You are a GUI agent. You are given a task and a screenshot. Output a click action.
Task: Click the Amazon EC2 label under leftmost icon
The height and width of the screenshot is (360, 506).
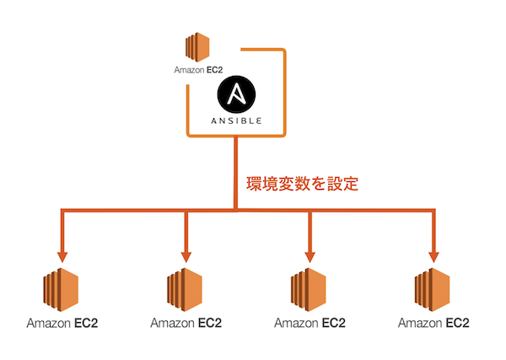(62, 323)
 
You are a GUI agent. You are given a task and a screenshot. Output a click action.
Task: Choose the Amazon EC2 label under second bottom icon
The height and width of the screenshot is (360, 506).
(186, 323)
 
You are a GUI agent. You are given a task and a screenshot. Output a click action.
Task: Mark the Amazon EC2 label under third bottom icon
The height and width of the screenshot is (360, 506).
(310, 323)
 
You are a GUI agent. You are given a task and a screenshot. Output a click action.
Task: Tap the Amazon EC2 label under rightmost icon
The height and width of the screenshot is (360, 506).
(434, 323)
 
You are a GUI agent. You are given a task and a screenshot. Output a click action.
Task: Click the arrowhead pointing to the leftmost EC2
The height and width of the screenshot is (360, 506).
(62, 254)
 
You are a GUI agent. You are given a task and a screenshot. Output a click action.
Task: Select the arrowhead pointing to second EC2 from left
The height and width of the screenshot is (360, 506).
(186, 254)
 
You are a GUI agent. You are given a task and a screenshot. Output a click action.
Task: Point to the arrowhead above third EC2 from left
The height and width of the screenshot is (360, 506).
(310, 254)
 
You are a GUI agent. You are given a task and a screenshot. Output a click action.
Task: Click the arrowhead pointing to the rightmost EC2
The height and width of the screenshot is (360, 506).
(434, 254)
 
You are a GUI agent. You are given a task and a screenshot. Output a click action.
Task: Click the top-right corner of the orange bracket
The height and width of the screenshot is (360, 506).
(285, 51)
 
